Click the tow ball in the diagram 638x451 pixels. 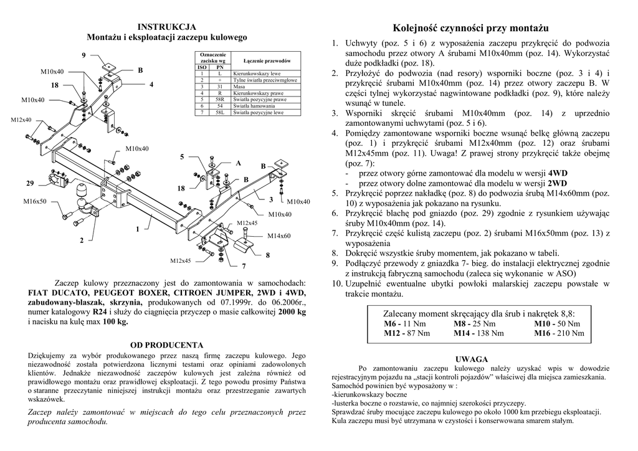click(82, 189)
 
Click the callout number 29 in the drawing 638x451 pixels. click(30, 183)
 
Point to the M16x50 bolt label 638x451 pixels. click(36, 201)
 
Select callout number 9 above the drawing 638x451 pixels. click(83, 56)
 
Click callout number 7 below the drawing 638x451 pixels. click(244, 265)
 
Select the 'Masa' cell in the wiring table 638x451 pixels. click(239, 87)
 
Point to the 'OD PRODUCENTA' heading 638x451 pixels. click(166, 344)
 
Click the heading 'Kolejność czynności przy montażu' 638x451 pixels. click(470, 29)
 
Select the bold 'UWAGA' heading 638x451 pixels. click(470, 359)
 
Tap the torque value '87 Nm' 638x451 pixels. click(417, 333)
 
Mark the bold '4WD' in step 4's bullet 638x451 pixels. click(556, 173)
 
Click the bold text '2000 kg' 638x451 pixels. click(292, 311)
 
